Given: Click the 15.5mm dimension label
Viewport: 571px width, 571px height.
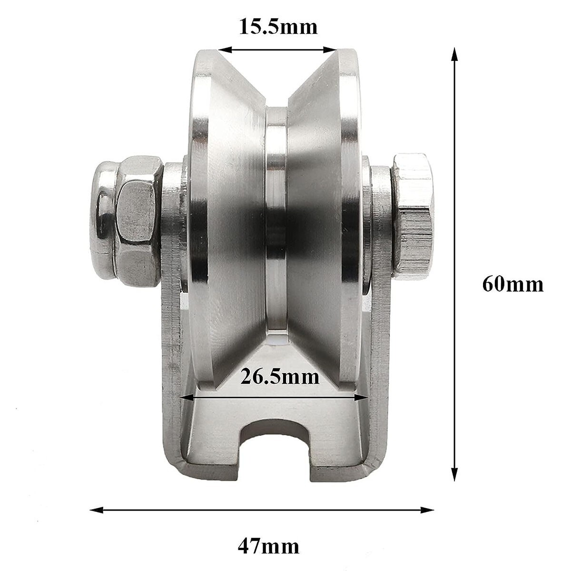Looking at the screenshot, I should click(x=277, y=27).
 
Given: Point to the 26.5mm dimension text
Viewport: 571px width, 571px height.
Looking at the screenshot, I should click(x=279, y=377).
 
